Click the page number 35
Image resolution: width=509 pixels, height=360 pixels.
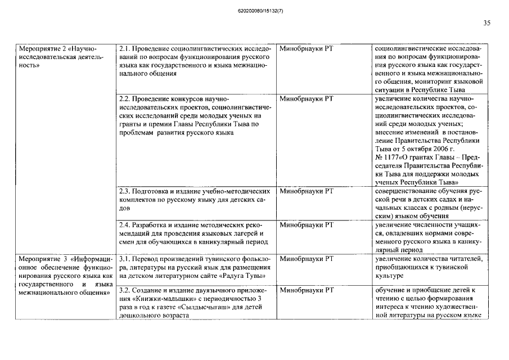pos(487,23)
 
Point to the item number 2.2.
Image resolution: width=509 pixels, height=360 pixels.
pos(125,98)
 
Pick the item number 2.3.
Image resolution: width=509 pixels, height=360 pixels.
pos(125,191)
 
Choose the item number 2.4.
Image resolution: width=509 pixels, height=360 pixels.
pos(125,225)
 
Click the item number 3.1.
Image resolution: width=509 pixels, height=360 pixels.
pos(125,258)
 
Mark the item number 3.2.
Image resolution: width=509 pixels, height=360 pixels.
pos(125,290)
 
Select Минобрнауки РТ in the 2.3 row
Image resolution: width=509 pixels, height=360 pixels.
pos(306,191)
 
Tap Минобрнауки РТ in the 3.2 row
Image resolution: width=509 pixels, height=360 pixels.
pos(306,290)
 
